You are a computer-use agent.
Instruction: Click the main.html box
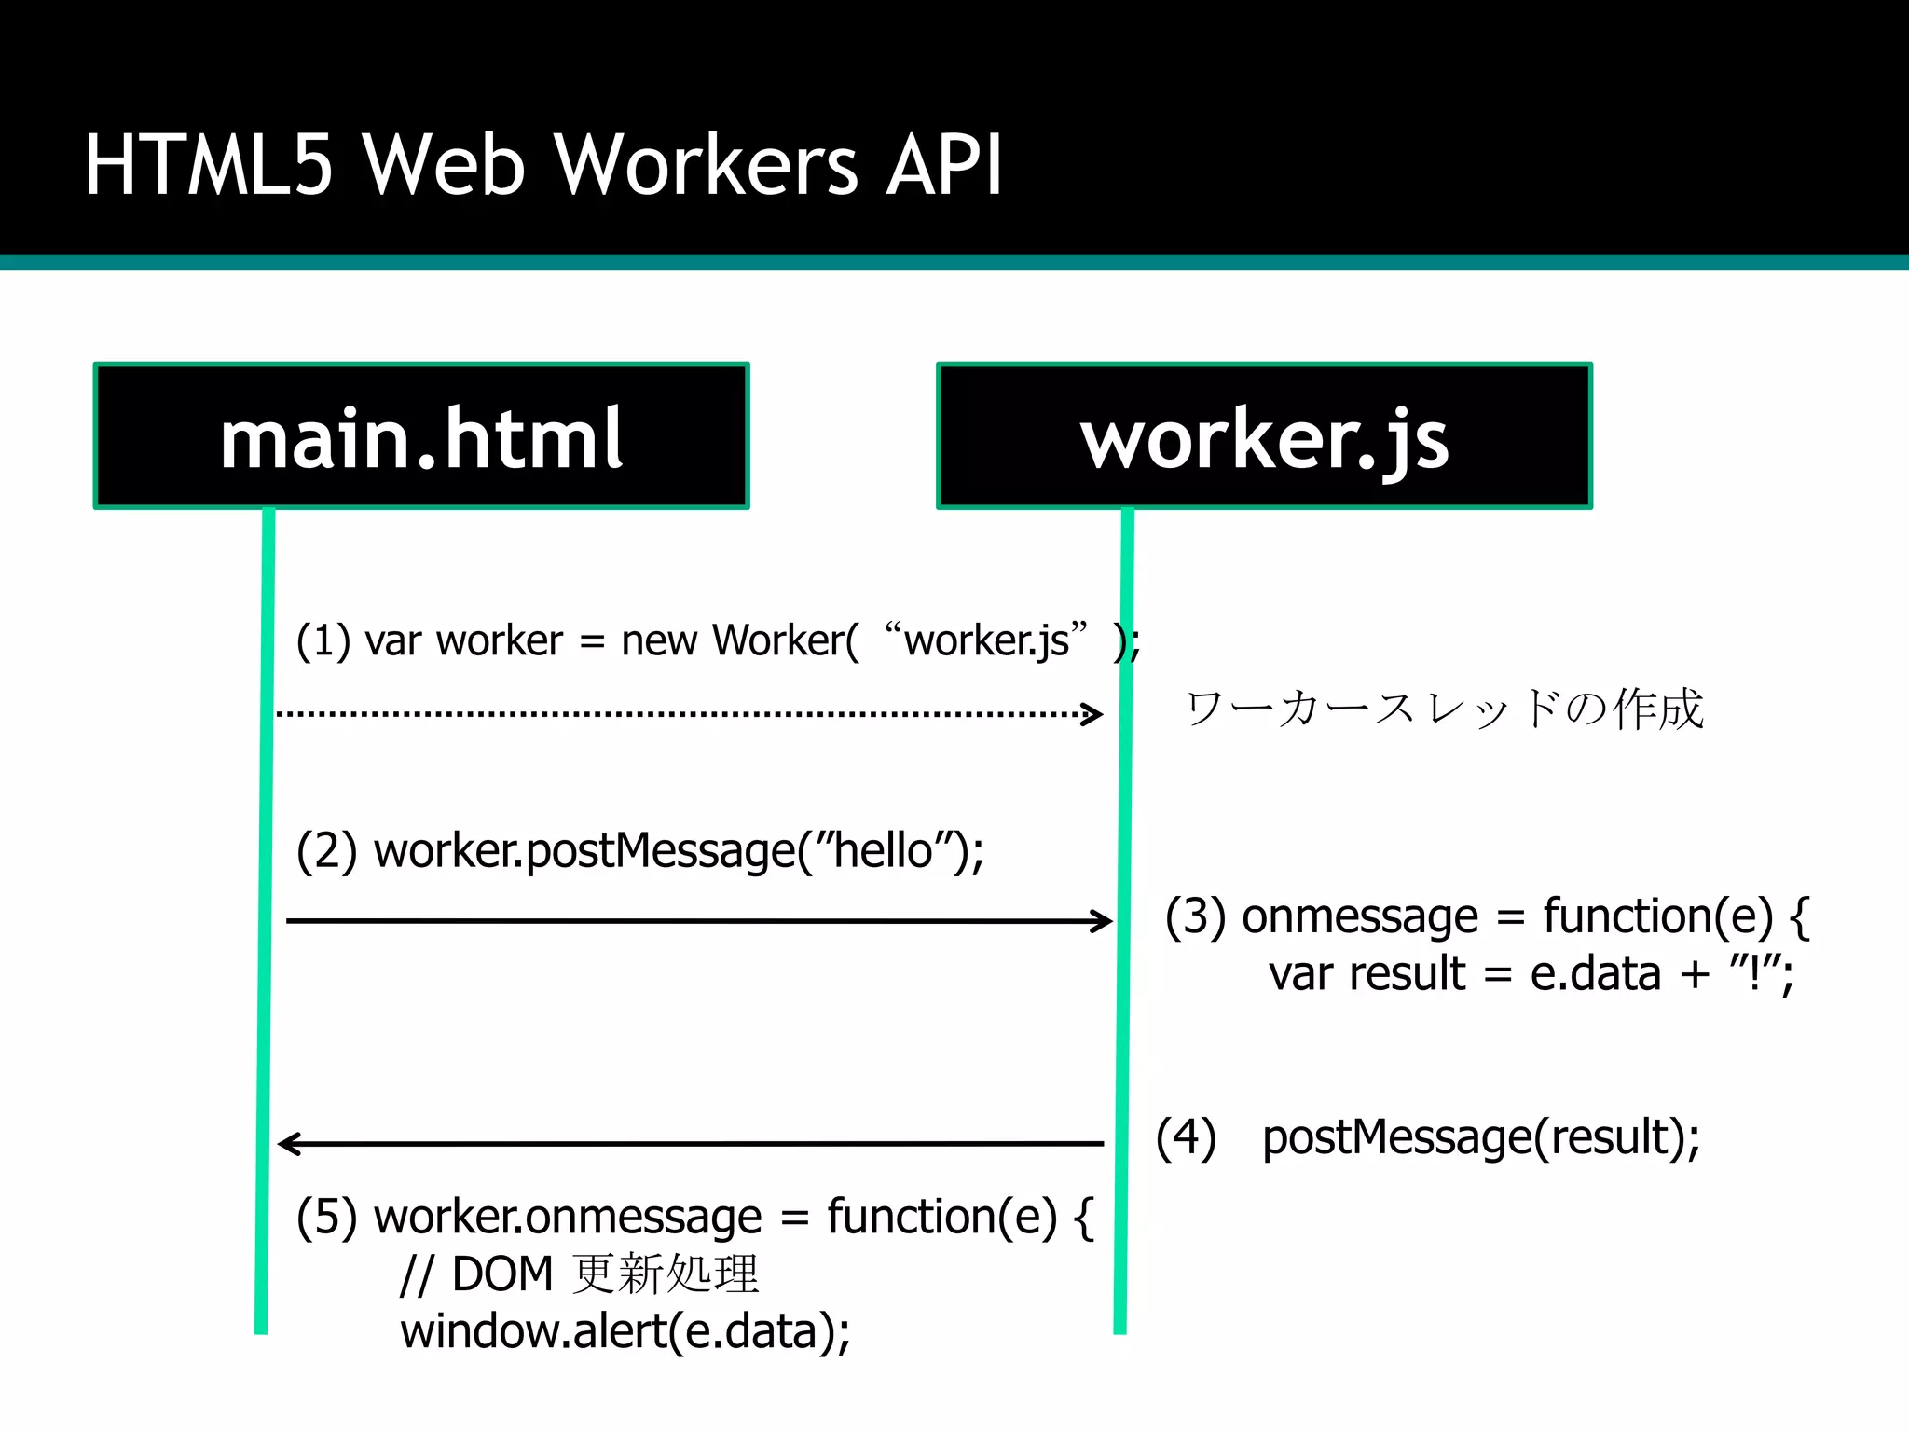[421, 436]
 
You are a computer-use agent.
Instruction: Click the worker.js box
[1264, 436]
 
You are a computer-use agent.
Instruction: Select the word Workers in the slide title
[705, 165]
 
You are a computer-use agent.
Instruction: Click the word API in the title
[943, 165]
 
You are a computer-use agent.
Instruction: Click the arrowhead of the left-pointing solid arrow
[289, 1143]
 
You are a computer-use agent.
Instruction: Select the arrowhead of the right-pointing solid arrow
[1104, 921]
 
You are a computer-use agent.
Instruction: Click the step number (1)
[323, 641]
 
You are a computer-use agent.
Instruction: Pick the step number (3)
[1195, 917]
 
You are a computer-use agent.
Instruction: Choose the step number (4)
[1186, 1138]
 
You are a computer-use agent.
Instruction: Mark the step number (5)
[326, 1218]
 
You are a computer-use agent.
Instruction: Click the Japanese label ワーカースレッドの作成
[1444, 709]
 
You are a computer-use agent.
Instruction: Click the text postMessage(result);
[1480, 1138]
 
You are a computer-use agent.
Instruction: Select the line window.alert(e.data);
[625, 1331]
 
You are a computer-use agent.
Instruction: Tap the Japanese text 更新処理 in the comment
[666, 1274]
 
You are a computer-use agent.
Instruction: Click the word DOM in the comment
[502, 1274]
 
